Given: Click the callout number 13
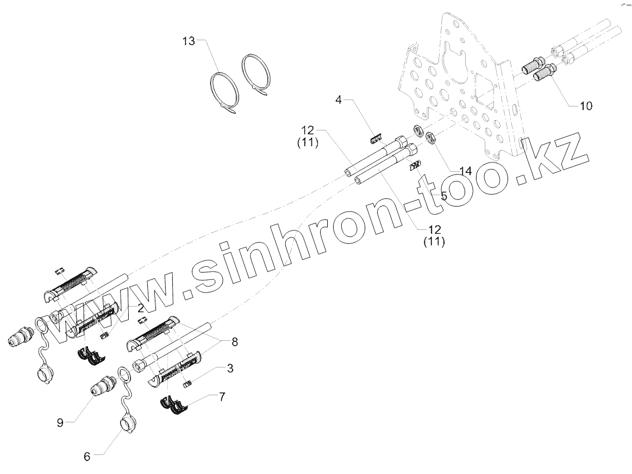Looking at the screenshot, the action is coord(188,41).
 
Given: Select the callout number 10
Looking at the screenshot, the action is coord(586,105).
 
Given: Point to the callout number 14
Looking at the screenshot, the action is coord(465,171).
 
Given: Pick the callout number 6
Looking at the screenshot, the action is coord(87,457).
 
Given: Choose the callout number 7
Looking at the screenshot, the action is coord(221,397).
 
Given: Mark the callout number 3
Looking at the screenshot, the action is coord(230,369).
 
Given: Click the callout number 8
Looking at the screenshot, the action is coord(234,342).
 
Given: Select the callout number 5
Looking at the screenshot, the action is coord(443,196).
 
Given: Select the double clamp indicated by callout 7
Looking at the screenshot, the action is coord(176,405).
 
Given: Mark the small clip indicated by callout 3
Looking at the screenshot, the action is coord(188,385).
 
